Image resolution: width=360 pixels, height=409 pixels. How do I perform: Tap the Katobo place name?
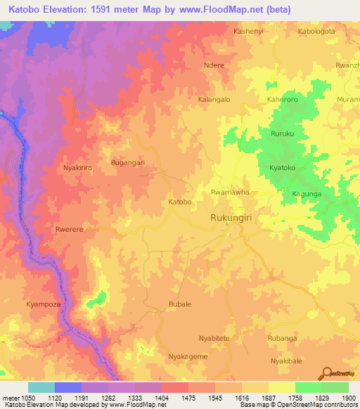[x=180, y=202]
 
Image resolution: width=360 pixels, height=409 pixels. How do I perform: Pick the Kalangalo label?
[x=214, y=100]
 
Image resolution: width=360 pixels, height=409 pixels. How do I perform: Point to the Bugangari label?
[x=128, y=162]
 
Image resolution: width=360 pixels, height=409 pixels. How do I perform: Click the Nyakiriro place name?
[x=79, y=169]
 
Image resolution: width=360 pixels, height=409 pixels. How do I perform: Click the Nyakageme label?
[x=188, y=357]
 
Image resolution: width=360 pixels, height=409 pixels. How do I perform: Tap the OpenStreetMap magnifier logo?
[x=328, y=372]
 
